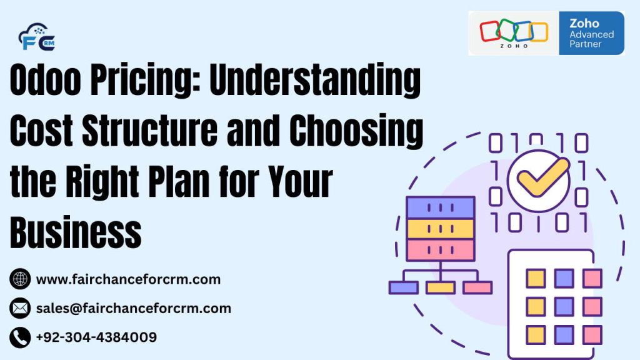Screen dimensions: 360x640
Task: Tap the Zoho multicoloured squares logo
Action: [x=513, y=32]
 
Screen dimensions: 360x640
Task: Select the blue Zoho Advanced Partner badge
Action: [x=591, y=32]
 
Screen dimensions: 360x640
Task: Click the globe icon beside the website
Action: [x=20, y=279]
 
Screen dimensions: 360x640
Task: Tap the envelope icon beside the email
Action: [x=20, y=308]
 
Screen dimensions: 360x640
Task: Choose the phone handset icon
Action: [x=20, y=337]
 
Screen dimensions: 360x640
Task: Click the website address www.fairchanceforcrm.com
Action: [x=128, y=279]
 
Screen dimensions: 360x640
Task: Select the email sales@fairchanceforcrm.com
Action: [x=134, y=308]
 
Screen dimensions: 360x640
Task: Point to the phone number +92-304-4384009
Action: [x=96, y=337]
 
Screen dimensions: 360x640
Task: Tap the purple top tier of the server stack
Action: [x=441, y=207]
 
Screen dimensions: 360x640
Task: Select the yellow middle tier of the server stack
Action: [x=441, y=228]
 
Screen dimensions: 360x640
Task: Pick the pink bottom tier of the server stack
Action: [x=441, y=249]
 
